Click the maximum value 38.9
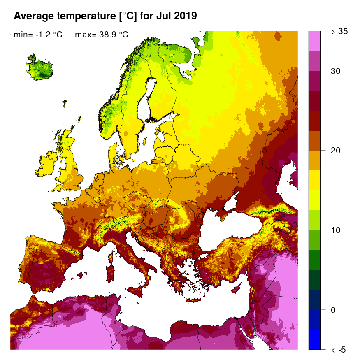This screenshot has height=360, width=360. (108, 35)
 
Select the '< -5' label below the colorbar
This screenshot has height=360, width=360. (339, 350)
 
